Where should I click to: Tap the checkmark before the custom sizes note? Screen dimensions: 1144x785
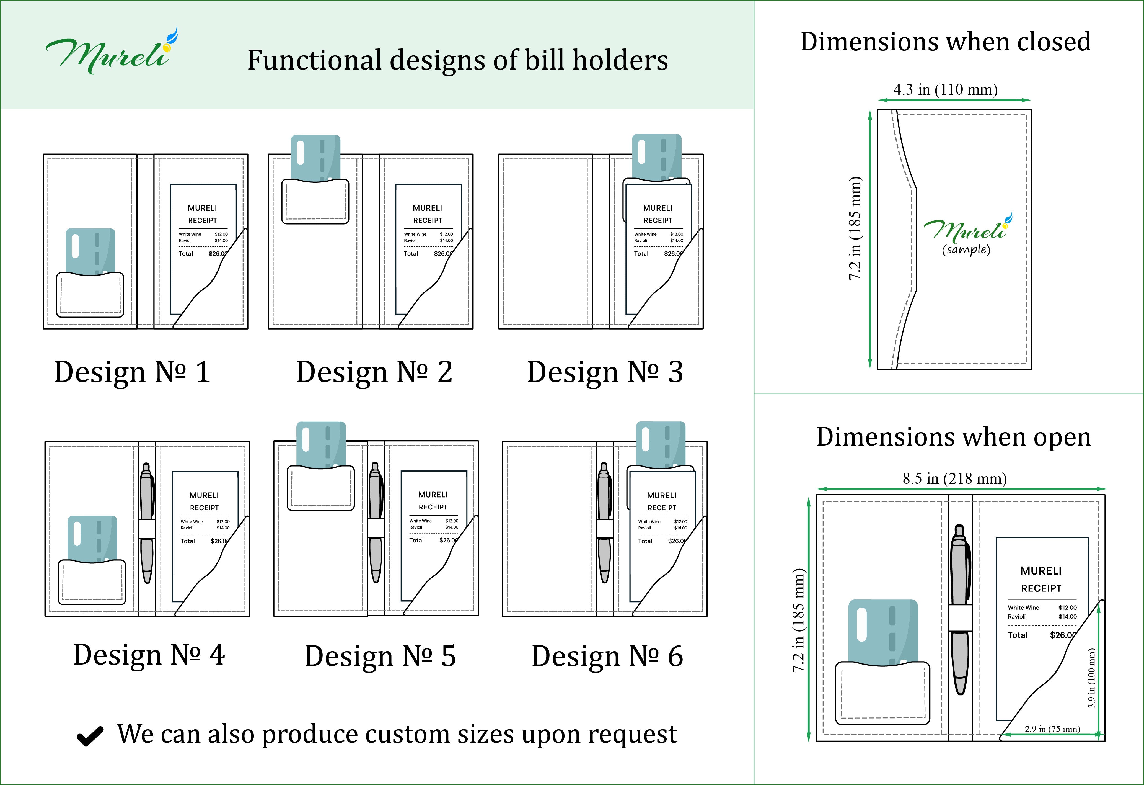(90, 736)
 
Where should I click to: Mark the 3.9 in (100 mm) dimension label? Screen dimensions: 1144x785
(1091, 678)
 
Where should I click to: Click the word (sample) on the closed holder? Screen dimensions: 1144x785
(966, 249)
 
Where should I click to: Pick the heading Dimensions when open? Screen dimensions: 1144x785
(954, 437)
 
